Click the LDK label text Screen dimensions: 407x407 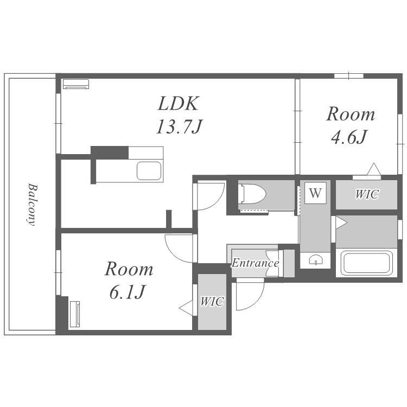tap(179, 104)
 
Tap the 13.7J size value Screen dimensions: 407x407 tap(179, 126)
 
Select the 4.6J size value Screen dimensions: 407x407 tap(349, 137)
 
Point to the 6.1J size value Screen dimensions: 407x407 tap(127, 292)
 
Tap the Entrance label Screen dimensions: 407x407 tap(255, 263)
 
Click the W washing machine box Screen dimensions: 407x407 tap(315, 193)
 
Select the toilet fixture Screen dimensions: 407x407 tap(252, 194)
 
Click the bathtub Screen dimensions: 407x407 tap(366, 263)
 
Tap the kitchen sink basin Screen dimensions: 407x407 tap(149, 171)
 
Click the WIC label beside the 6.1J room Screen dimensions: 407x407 tap(212, 301)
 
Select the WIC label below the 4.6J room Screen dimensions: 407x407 tap(367, 194)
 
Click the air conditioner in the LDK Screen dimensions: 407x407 tap(76, 84)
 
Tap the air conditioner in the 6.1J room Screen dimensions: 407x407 tap(75, 314)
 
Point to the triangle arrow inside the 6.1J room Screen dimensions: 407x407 tap(186, 308)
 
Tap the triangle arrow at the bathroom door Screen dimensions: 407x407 tap(341, 222)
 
